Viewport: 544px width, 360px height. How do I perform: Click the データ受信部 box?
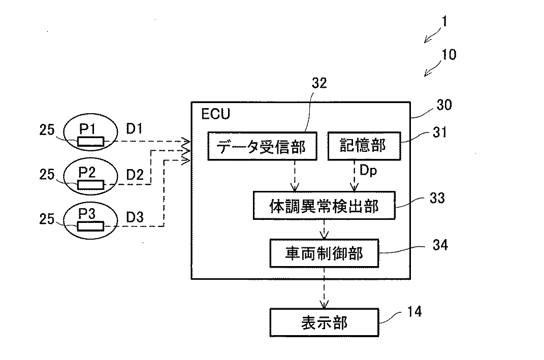(x=262, y=146)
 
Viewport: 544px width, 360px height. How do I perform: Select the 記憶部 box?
(x=364, y=146)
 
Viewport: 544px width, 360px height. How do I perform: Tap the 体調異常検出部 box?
(x=324, y=206)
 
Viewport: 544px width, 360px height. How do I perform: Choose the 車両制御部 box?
(x=324, y=253)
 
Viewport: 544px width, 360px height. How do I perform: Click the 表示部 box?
(x=324, y=322)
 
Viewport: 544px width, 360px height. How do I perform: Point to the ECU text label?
(x=216, y=114)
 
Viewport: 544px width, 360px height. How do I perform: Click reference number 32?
(x=319, y=83)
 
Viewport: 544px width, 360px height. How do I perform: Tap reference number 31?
(x=440, y=132)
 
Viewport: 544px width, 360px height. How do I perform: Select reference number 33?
(x=437, y=198)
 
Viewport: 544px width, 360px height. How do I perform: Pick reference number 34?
(x=440, y=245)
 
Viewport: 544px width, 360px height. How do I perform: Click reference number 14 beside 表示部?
(x=414, y=311)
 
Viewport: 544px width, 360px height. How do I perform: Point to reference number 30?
(x=444, y=105)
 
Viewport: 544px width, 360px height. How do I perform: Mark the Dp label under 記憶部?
(x=368, y=170)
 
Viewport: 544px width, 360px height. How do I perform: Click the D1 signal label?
(x=134, y=128)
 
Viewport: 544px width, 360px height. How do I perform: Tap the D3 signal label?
(x=135, y=217)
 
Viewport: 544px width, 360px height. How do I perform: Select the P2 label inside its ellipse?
(x=87, y=172)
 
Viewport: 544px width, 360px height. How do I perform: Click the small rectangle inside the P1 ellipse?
(x=90, y=141)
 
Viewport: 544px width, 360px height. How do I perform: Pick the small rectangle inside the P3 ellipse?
(x=90, y=226)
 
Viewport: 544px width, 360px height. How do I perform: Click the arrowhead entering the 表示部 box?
(x=324, y=304)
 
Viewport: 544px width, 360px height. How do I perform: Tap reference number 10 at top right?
(x=449, y=54)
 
